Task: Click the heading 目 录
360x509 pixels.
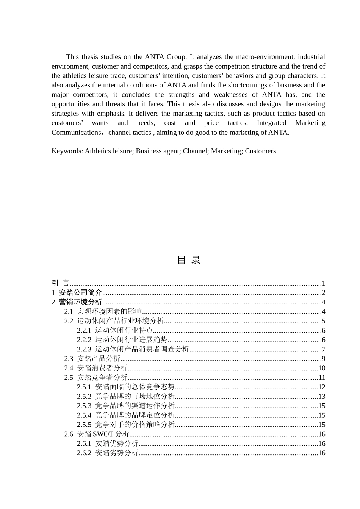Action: [188, 260]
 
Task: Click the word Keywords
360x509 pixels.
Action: [66, 151]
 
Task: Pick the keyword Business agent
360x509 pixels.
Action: [157, 151]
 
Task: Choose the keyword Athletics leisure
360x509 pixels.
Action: [108, 151]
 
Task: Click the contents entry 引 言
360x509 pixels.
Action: [61, 283]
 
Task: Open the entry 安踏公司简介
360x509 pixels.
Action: [80, 293]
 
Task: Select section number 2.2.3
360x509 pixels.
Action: [84, 349]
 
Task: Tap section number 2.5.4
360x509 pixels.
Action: [84, 415]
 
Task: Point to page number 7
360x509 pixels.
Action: [323, 349]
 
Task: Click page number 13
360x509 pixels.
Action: [321, 397]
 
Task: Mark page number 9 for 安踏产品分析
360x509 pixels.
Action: [323, 359]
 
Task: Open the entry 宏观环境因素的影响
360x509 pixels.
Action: [110, 312]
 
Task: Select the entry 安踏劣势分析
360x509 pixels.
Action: [117, 453]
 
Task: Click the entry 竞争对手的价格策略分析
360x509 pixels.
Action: [135, 425]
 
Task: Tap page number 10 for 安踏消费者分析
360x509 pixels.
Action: [321, 368]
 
